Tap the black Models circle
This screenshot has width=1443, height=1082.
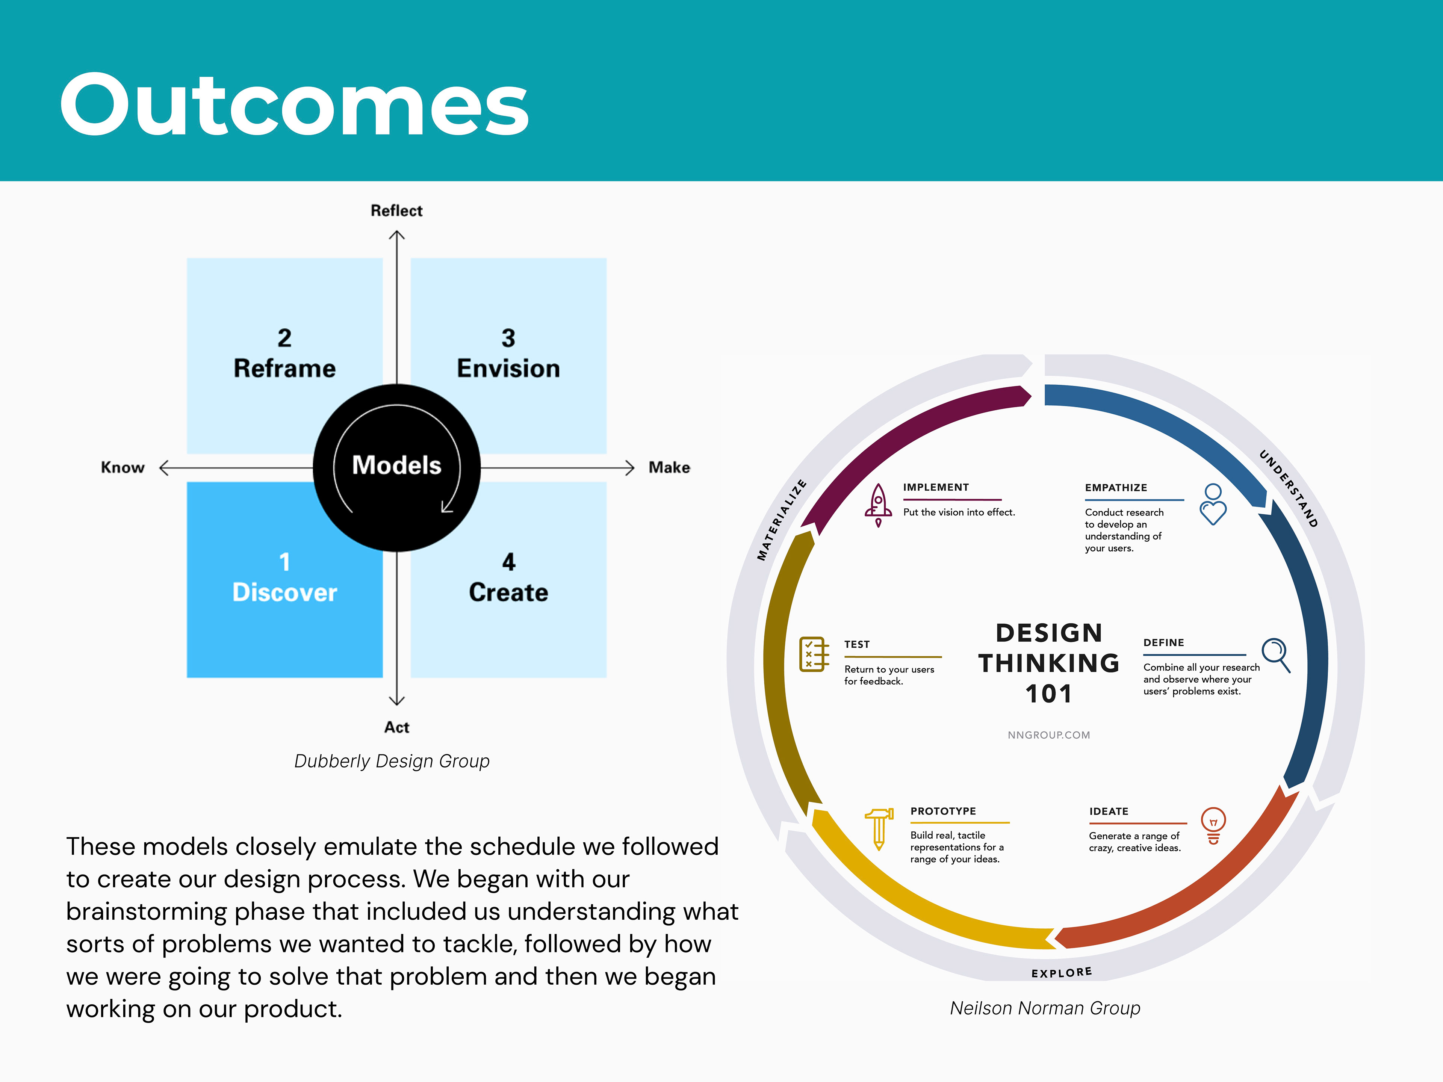coord(396,467)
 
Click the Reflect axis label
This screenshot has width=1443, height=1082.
coord(396,211)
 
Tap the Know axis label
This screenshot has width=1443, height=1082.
coord(123,468)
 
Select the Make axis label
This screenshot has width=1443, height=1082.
coord(669,468)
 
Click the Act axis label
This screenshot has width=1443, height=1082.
coord(396,727)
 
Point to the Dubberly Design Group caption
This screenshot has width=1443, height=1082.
coord(392,761)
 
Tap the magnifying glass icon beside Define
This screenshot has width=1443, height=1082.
coord(1276,655)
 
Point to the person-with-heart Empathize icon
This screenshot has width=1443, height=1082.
coord(1213,504)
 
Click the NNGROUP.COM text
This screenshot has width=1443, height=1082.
coord(1049,735)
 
